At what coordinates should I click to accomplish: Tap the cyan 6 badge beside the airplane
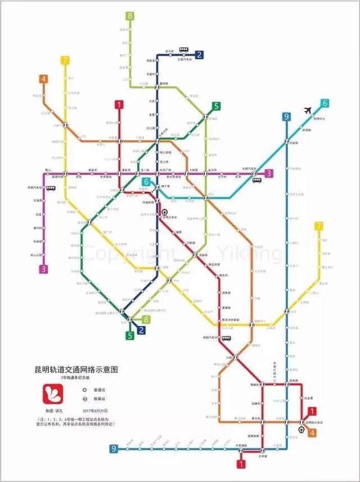tap(325, 103)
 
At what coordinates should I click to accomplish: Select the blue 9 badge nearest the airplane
tap(286, 117)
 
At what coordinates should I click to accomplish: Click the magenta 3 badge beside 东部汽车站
tap(269, 173)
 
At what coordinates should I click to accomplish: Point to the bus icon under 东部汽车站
tap(256, 181)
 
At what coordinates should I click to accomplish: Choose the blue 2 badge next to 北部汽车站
tap(199, 55)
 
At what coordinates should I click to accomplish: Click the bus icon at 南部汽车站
tap(227, 339)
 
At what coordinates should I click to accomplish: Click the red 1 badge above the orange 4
tap(312, 412)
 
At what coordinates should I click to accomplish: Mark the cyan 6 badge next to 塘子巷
tap(146, 182)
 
